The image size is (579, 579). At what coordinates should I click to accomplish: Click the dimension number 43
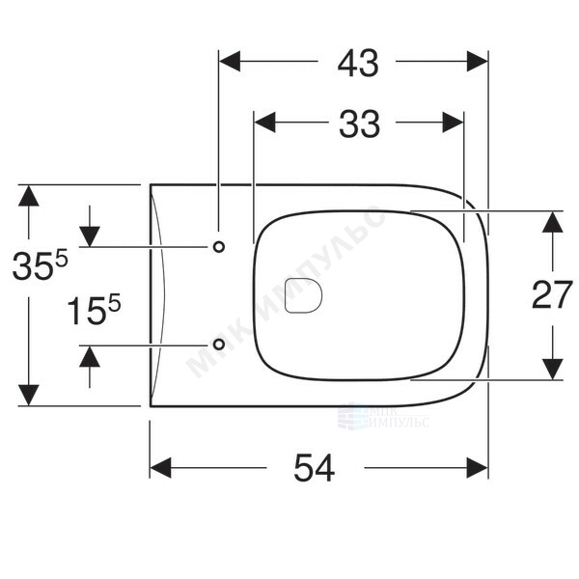coord(358,64)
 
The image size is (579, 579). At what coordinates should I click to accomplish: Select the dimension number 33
coord(359,124)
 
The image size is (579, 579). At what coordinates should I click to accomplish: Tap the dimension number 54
coord(315,468)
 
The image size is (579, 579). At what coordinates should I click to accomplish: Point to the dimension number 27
coord(552,294)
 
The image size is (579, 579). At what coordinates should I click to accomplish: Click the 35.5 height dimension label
coord(40,264)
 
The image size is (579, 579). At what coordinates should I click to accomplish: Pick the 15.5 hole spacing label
coord(94,310)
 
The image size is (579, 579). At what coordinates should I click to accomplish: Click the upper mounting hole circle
coord(219,247)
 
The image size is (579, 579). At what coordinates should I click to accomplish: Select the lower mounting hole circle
coord(219,345)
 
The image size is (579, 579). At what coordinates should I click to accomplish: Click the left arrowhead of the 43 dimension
coord(230,62)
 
